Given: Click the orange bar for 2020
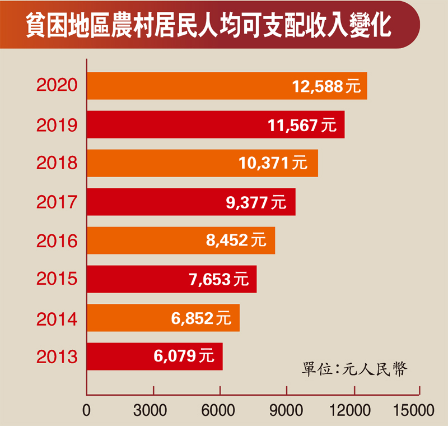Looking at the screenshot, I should [227, 86].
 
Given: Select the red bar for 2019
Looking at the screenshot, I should [216, 125].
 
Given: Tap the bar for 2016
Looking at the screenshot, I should [180, 240].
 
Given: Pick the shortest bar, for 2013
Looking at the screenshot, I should [155, 356].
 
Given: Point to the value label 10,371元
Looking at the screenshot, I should [273, 164].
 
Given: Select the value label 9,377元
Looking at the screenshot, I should [255, 202].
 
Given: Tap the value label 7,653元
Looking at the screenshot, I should [219, 279].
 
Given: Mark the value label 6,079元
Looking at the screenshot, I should [183, 356].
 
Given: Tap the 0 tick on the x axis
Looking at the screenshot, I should [86, 411].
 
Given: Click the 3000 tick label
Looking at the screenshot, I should [153, 411].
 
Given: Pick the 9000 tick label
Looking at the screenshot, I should [287, 411].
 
